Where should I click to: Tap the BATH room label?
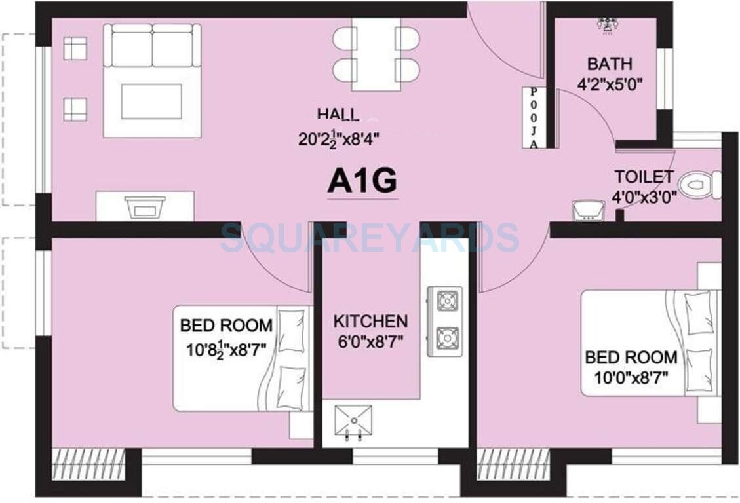610,64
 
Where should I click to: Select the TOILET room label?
643,177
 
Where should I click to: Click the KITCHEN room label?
370,322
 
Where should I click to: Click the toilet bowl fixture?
699,185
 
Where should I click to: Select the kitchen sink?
353,420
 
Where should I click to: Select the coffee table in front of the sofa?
151,102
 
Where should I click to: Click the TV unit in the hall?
145,206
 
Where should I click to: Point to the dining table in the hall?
375,54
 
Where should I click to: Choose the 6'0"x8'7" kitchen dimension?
370,341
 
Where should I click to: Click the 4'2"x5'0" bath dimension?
610,84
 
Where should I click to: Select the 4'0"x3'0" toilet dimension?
642,196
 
